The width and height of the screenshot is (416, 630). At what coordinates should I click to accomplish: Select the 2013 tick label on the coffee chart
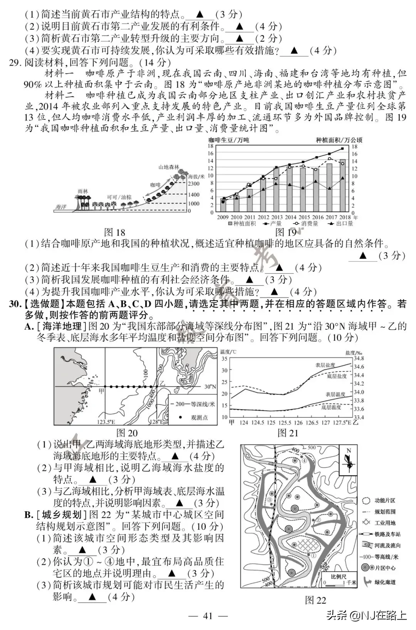pos(277,217)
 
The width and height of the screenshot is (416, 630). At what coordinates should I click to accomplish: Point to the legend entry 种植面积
pos(244,224)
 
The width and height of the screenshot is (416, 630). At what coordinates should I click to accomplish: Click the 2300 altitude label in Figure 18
pos(194,184)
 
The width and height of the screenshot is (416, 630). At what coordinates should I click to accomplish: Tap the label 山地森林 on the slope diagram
pos(169,167)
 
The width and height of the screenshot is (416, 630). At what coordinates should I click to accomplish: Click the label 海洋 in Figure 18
pos(61,207)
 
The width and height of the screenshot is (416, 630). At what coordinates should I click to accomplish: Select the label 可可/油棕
pos(119,197)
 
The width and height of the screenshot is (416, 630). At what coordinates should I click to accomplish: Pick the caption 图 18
pos(114,232)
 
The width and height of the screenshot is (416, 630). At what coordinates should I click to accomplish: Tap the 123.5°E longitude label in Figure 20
pos(106,422)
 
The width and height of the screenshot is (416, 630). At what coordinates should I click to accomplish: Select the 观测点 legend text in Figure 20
pos(199,417)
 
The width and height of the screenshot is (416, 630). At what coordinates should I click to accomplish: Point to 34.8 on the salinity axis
pos(359,358)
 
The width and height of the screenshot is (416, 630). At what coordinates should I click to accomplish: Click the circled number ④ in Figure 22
pos(304,460)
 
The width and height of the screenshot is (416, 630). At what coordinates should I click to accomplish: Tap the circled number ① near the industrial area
pos(313,556)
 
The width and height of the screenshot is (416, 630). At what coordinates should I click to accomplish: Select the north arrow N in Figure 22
pos(349,450)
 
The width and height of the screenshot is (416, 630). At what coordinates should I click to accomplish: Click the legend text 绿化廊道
pos(385,582)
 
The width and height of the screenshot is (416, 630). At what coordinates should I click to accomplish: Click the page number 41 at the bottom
pos(208,616)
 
